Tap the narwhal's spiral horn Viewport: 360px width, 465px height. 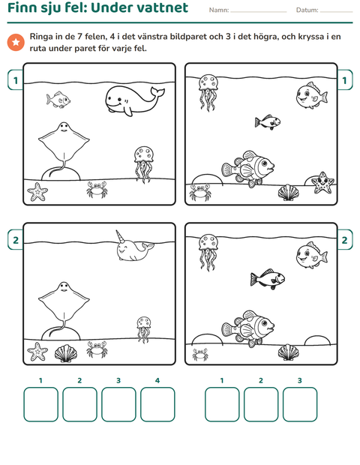click(120, 237)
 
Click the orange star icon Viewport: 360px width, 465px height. click(16, 42)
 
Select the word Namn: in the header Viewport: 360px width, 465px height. click(219, 10)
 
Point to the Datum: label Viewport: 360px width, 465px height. click(307, 10)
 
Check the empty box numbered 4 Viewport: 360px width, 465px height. click(157, 404)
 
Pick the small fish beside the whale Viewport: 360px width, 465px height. click(58, 100)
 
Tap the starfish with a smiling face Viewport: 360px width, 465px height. click(322, 183)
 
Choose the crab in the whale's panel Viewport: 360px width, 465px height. click(97, 190)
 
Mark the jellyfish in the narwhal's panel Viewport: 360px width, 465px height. click(144, 329)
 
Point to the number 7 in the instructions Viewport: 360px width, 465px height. click(79, 37)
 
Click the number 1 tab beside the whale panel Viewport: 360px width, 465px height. click(16, 80)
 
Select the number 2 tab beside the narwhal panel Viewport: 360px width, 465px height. click(16, 239)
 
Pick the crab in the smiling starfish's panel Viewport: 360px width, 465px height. click(199, 192)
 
